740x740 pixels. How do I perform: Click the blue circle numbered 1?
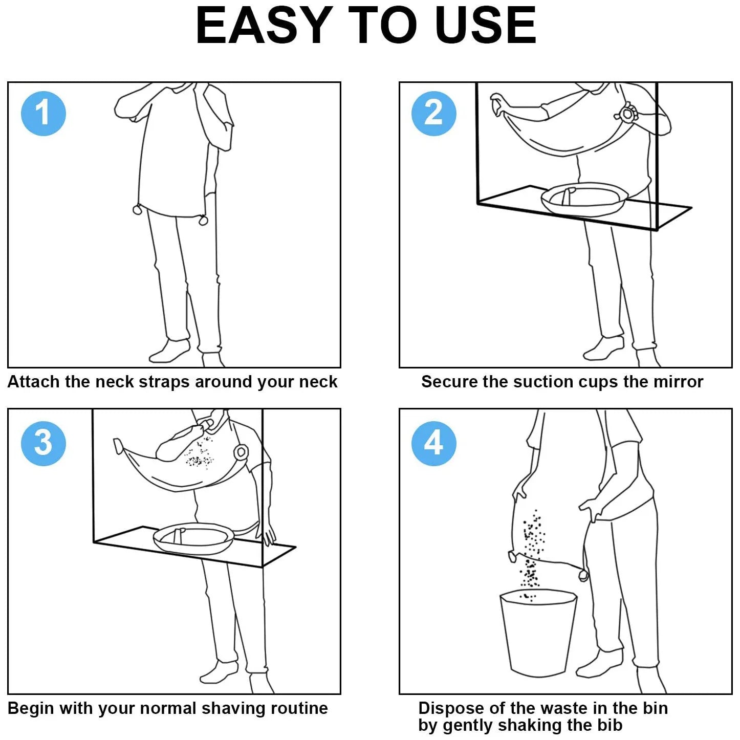[x=43, y=113]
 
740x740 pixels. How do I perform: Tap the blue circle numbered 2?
[x=434, y=113]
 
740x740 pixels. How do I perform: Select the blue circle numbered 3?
[x=43, y=444]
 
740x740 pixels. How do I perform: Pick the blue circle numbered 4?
[x=434, y=444]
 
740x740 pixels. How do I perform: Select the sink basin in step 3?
[x=193, y=538]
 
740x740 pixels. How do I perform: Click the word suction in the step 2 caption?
[x=546, y=382]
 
